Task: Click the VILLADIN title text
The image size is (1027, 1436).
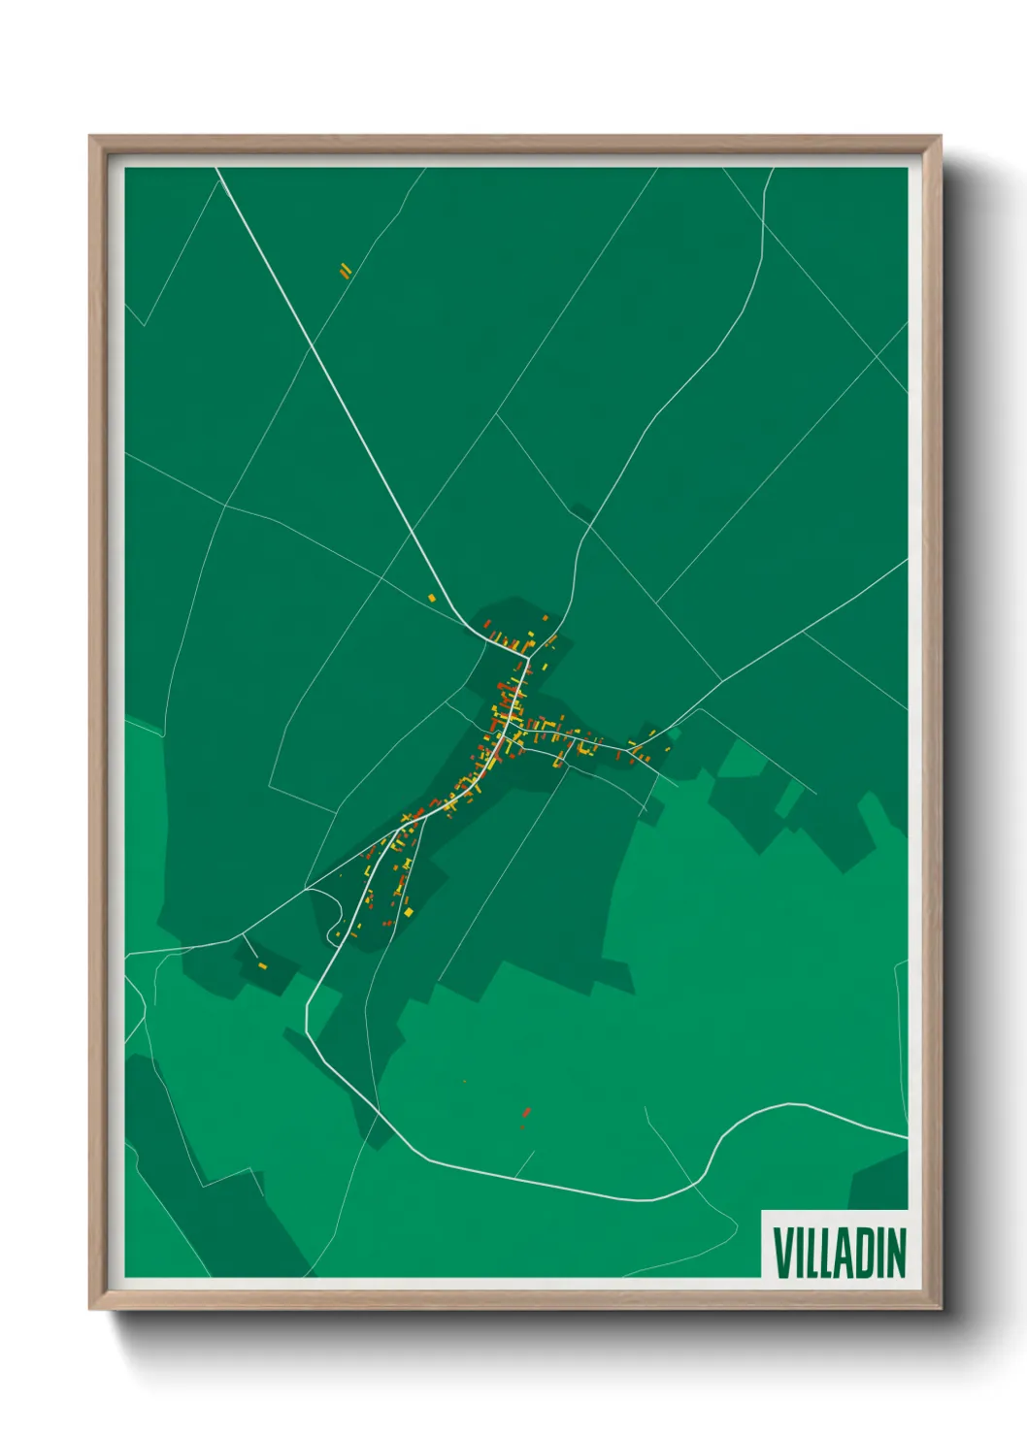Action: coord(840,1252)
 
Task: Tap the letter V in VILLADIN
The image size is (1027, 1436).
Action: coord(781,1253)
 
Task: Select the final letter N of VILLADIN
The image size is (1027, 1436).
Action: coord(896,1253)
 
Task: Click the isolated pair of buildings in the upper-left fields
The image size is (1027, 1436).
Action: coord(345,271)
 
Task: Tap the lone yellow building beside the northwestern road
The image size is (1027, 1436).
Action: coord(433,598)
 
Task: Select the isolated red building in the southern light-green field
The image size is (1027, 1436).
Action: coord(526,1112)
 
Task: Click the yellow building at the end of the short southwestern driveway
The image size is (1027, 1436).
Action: coord(262,965)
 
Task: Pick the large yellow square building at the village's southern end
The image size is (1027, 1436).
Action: coord(409,912)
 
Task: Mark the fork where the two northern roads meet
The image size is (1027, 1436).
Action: coord(527,658)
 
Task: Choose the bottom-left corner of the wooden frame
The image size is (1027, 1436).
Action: coord(90,1310)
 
